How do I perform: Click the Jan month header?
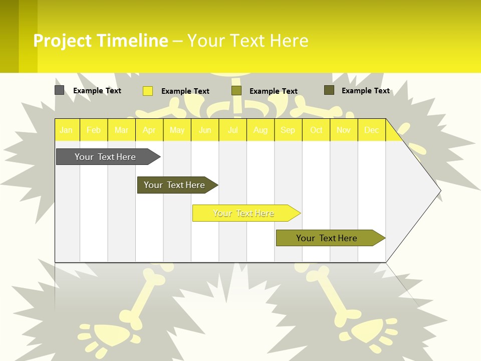coord(66,130)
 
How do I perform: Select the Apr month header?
coord(149,130)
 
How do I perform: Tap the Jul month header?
coord(232,130)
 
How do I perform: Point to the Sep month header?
coord(288,130)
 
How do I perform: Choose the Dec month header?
coord(371,130)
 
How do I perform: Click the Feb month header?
coord(94,130)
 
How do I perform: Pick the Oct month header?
coord(316,130)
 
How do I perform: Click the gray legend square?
coord(60,90)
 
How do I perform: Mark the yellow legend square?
coord(148,91)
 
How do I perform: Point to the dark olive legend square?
coord(329,90)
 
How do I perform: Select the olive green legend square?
coord(236,91)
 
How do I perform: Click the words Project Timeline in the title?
coord(101,41)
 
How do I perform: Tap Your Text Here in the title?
coord(248,41)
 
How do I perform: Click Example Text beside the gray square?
coord(97,91)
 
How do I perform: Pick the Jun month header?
coord(205,130)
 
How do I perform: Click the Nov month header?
coord(344,130)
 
